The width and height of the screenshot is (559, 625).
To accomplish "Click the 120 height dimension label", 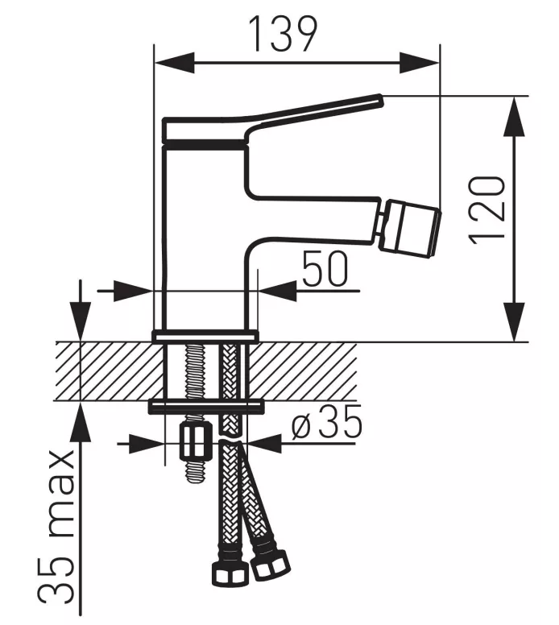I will (x=490, y=207).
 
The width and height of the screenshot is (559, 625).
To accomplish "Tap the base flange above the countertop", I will (x=205, y=335).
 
